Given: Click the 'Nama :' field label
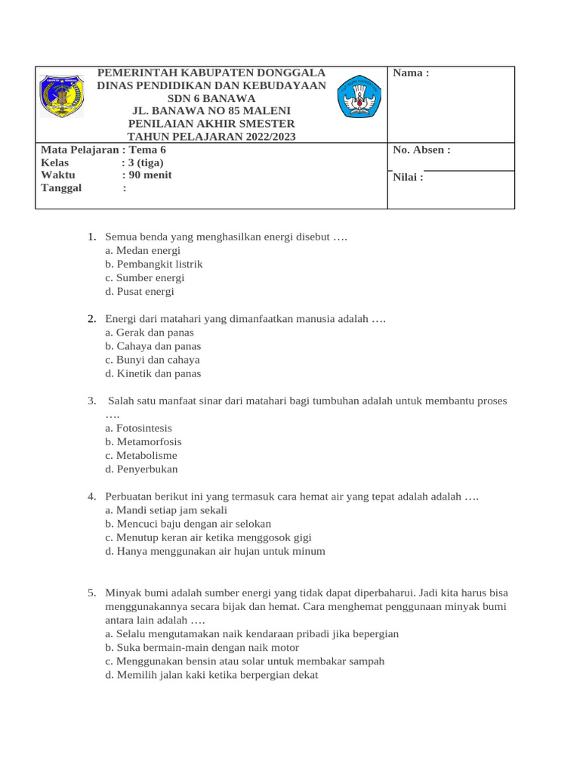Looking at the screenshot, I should (x=411, y=73).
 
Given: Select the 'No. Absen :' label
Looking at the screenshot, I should (x=421, y=150).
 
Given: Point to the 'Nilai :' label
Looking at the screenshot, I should (x=408, y=178).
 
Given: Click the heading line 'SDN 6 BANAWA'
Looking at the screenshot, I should (x=211, y=98).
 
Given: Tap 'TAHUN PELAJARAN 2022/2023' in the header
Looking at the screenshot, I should (x=211, y=137).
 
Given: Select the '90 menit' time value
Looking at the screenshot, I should (x=150, y=175).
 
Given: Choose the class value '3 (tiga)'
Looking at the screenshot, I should (x=145, y=163).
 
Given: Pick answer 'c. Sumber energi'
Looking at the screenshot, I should (x=145, y=277).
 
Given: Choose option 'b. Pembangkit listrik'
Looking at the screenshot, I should (x=154, y=264).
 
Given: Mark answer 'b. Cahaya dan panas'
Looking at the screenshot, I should (x=153, y=346).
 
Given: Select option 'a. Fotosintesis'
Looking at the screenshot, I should (x=139, y=428).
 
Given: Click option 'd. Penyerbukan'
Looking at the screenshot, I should (x=142, y=469).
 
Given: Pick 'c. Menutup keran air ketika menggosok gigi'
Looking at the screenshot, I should (x=208, y=537).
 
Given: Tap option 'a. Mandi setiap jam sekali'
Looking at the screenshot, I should (x=166, y=510).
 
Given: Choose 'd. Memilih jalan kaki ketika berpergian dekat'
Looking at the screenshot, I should (x=212, y=675).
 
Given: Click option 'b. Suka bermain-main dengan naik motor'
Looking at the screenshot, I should (x=202, y=647).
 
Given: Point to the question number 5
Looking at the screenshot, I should (x=91, y=593).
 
